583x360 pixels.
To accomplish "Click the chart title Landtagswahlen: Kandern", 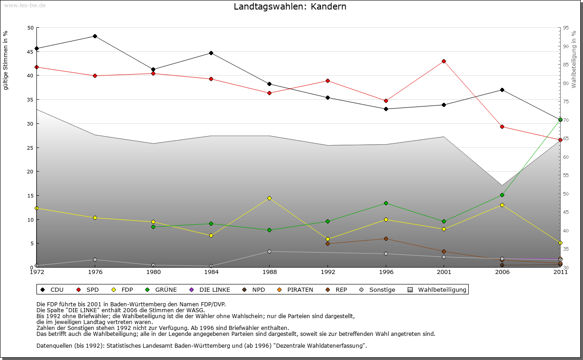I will click(x=290, y=7).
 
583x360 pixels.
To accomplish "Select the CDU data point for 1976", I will click(x=95, y=36).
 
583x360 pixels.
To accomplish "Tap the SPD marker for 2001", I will click(x=444, y=61).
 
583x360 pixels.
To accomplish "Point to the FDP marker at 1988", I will click(x=269, y=198).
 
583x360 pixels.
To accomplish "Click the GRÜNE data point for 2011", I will click(x=560, y=119).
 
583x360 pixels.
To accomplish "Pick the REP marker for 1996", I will click(x=386, y=238).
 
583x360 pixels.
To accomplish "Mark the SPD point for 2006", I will click(x=502, y=127).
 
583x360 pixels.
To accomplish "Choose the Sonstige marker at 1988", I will click(x=269, y=251).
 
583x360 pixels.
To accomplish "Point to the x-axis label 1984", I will click(x=211, y=272).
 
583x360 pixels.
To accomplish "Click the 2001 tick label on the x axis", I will click(x=444, y=272).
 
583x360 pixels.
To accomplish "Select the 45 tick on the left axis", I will click(x=31, y=51).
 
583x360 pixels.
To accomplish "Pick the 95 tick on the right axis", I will click(x=566, y=28).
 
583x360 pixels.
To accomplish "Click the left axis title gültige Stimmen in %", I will click(x=5, y=60).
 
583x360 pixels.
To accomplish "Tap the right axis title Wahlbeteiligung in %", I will click(x=573, y=60).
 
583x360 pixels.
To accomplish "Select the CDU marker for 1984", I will click(x=211, y=53).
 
